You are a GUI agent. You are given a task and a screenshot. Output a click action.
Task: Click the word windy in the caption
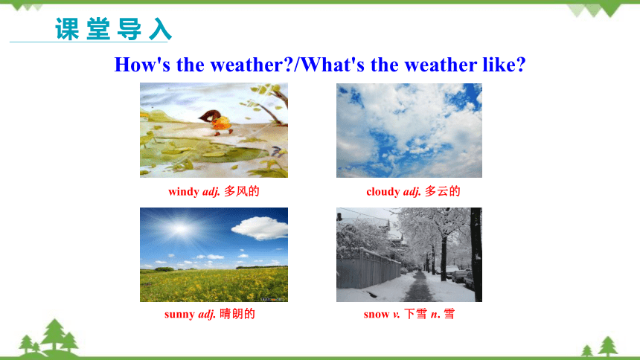(184, 192)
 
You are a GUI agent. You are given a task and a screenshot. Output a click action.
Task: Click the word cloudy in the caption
(383, 192)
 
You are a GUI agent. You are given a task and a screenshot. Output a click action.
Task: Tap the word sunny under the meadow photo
(179, 315)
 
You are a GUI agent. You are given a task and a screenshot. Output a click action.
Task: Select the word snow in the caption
(377, 315)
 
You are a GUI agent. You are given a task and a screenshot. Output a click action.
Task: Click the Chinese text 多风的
(242, 191)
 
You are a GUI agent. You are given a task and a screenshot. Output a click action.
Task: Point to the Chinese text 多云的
(443, 191)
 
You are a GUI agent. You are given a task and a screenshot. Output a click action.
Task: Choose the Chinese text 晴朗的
(237, 313)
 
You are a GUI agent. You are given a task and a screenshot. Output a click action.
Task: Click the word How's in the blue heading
(142, 65)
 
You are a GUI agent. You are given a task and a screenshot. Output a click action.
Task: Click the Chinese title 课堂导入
(113, 29)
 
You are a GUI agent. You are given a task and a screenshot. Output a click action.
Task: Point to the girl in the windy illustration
(217, 122)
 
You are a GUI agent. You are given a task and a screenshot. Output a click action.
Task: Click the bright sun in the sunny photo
(179, 229)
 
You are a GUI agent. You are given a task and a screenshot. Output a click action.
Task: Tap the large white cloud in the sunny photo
(260, 228)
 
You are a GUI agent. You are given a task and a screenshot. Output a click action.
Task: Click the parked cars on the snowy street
(458, 274)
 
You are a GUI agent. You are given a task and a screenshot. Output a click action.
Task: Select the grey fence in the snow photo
(368, 269)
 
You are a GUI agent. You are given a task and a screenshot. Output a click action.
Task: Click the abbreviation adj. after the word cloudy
(412, 192)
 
